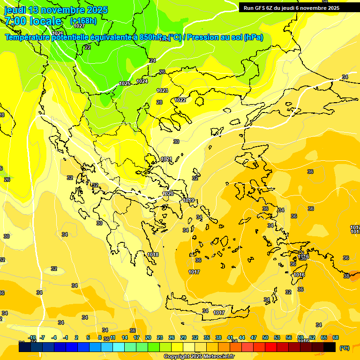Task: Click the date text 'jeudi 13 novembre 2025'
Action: (x=56, y=10)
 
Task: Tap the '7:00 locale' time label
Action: (x=33, y=21)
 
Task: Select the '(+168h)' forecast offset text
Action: (x=83, y=21)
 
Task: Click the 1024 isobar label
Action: (x=142, y=81)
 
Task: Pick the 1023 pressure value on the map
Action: (x=162, y=90)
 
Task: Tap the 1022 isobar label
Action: (x=180, y=100)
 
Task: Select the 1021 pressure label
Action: (x=166, y=159)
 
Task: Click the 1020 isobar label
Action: (x=168, y=194)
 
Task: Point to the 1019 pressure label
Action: (x=188, y=200)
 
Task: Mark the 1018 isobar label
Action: (x=153, y=255)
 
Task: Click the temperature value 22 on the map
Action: (x=88, y=47)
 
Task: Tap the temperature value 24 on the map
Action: (x=152, y=60)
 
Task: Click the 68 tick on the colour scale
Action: (x=335, y=338)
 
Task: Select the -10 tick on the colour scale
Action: (x=32, y=338)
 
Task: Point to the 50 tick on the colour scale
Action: (x=265, y=338)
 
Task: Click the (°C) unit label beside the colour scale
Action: (x=344, y=348)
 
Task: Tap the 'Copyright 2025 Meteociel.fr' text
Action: (x=199, y=356)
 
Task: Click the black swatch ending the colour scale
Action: (x=330, y=347)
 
